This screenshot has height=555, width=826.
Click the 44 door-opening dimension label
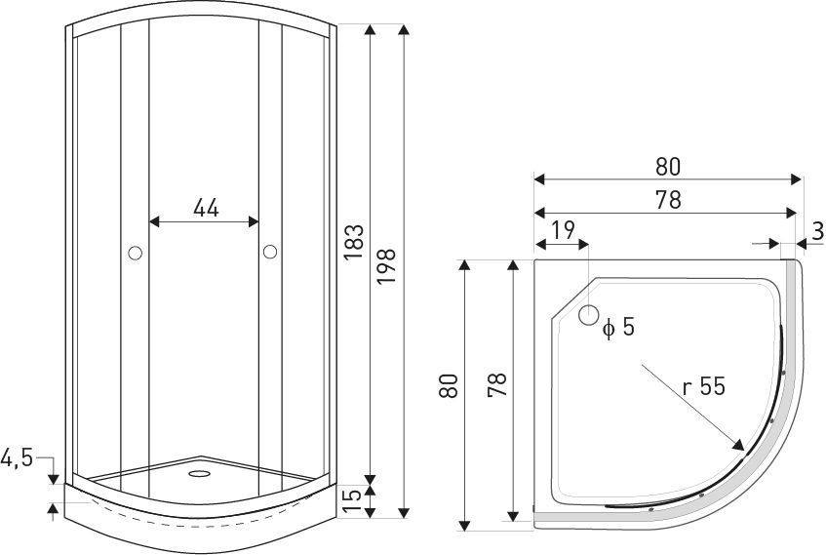[205, 207]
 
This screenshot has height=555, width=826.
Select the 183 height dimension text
[354, 243]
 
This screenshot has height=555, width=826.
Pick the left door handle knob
[135, 254]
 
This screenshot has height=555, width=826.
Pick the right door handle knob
[270, 254]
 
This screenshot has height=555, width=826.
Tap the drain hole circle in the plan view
[588, 315]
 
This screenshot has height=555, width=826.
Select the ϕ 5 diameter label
[618, 328]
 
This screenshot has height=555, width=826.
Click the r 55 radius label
[703, 386]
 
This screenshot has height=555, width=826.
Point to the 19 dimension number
[562, 231]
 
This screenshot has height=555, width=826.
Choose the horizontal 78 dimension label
[667, 199]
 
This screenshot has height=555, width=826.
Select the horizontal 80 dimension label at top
[667, 167]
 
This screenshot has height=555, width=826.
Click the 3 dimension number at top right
[816, 232]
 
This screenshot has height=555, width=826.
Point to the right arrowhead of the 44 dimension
[256, 222]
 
